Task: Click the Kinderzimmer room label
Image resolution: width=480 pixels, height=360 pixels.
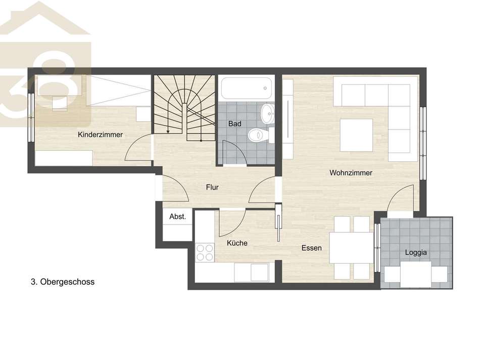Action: click(100, 134)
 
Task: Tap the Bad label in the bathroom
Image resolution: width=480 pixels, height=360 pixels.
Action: click(235, 124)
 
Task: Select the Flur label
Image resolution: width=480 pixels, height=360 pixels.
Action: click(212, 187)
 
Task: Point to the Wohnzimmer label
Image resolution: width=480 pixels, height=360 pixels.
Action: click(351, 173)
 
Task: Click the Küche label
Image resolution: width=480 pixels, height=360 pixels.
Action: click(237, 243)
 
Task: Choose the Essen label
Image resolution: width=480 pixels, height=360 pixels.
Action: click(311, 248)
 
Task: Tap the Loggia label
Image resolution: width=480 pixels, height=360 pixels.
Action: click(416, 252)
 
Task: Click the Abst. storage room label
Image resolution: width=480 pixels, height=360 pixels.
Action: click(177, 216)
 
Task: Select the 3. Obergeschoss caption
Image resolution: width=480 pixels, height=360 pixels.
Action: click(63, 282)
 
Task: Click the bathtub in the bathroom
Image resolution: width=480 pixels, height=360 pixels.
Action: click(247, 88)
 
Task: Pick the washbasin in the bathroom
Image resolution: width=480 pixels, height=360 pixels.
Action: click(268, 114)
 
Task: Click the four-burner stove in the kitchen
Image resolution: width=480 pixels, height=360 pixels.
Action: click(205, 252)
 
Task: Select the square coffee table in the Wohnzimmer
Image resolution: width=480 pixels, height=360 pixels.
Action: click(356, 135)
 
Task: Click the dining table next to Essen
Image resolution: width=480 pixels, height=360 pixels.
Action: click(352, 248)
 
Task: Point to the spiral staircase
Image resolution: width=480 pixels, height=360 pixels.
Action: click(184, 108)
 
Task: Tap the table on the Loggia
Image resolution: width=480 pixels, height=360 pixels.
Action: click(416, 274)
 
